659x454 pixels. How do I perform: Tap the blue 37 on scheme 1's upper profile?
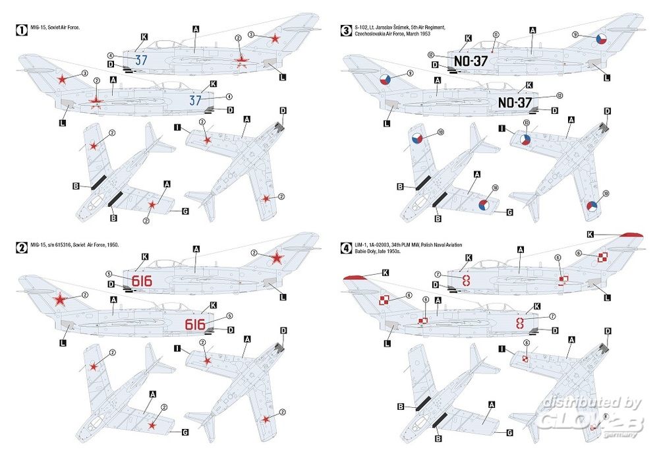coord(140,59)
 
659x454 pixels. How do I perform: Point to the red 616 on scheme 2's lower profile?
coord(195,324)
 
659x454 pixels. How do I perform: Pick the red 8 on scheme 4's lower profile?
coord(520,323)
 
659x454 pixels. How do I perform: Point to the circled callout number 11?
coord(496,34)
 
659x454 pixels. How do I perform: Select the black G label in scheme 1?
coord(185,212)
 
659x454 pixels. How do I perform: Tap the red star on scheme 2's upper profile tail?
coord(277,257)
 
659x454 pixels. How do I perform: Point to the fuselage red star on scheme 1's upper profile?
coord(241,61)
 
